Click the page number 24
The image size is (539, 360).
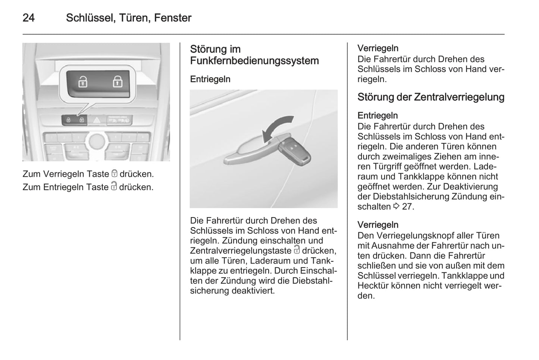point(29,18)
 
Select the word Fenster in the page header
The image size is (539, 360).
point(172,18)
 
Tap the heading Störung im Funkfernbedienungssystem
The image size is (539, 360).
point(254,55)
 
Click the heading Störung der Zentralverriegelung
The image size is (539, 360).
point(431,97)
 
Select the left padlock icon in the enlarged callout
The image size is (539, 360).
point(82,81)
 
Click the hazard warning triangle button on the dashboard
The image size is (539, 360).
point(97,120)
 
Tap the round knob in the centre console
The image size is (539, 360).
point(97,141)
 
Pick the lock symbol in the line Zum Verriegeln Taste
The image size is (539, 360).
point(115,173)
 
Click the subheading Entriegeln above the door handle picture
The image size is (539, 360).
point(210,79)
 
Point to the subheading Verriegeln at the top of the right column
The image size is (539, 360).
point(377,48)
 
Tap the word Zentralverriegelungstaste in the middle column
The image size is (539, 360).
point(241,251)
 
